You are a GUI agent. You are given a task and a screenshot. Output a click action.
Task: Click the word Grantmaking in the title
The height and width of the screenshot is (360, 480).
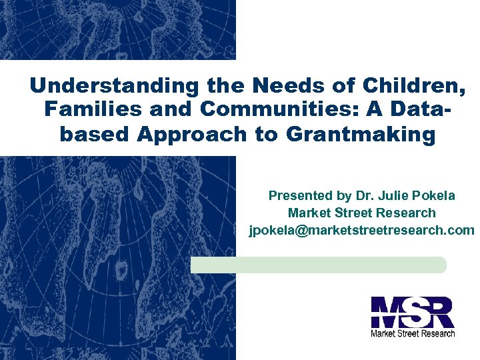pos(360,133)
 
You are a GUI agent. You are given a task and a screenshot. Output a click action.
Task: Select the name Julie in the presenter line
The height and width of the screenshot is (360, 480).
pos(397,195)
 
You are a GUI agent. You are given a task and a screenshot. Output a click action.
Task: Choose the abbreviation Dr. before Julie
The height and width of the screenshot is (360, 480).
pos(366,195)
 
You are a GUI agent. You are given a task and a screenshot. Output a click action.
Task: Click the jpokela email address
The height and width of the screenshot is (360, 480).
pos(361,231)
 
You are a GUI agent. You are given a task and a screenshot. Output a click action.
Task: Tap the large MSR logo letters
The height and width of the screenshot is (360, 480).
pos(413,312)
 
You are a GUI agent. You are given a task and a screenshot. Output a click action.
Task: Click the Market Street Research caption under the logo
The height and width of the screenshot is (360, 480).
pos(413,333)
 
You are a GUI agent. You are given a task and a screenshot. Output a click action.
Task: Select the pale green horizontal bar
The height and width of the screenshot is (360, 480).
pos(318,265)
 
